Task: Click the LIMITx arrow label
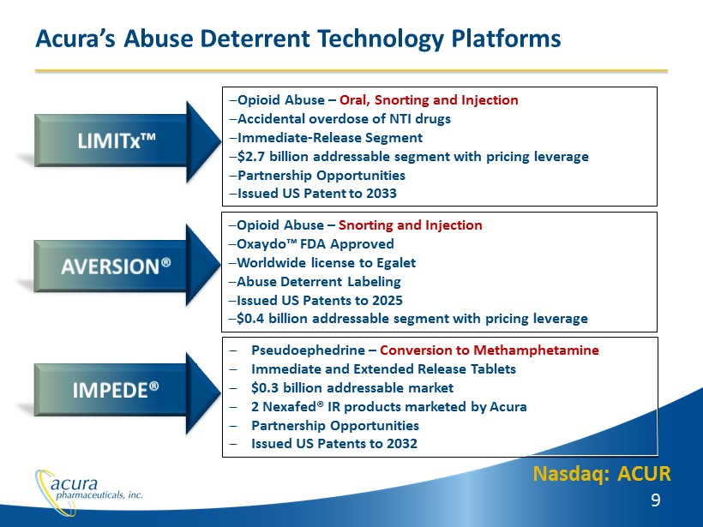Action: click(x=117, y=141)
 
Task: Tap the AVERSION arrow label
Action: click(x=116, y=266)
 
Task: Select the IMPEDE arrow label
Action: click(x=116, y=390)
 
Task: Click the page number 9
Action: click(x=656, y=500)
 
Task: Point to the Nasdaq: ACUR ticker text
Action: click(x=602, y=474)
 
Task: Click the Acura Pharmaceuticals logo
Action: click(x=89, y=491)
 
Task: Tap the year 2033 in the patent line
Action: click(x=382, y=193)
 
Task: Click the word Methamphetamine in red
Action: click(x=536, y=350)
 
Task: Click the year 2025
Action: click(x=388, y=300)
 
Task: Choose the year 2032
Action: click(x=402, y=443)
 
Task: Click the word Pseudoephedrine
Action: click(x=308, y=350)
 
